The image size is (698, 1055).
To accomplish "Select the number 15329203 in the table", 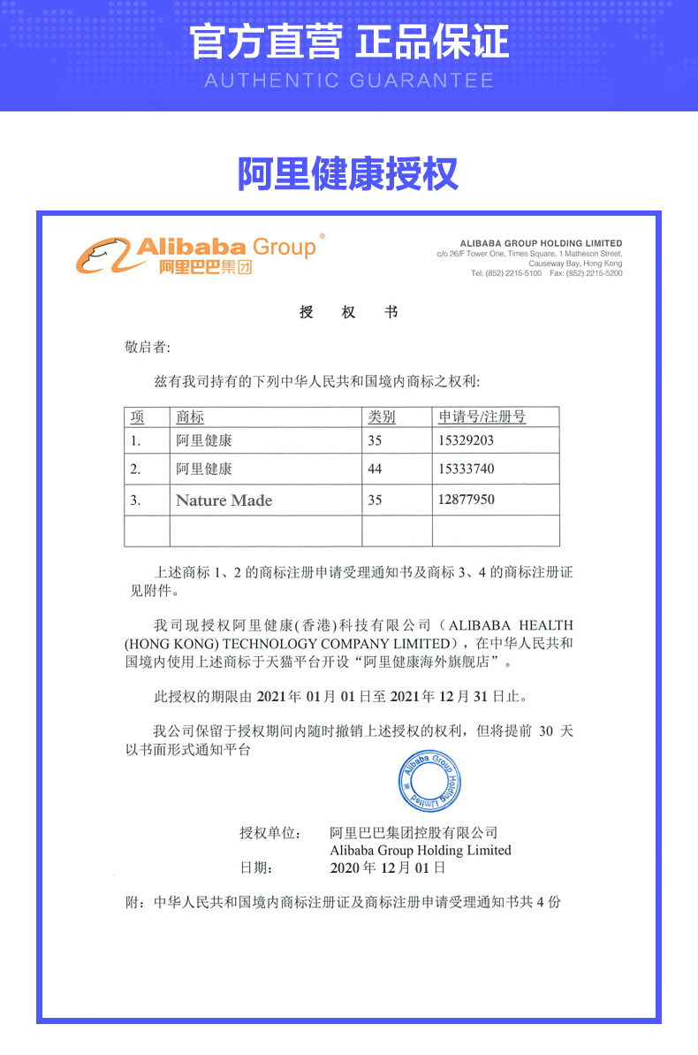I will pos(466,440).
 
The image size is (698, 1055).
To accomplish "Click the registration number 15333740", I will pos(466,469).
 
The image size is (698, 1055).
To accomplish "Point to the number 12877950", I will pos(466,500).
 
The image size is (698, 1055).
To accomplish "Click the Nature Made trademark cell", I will pos(224,501).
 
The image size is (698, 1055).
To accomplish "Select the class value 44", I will pos(375,469).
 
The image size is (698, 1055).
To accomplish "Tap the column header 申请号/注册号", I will pos(482,417).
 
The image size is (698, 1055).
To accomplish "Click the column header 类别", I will pos(382,417).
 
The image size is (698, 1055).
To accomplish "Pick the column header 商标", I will pos(190,417).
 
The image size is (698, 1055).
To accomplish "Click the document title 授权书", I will pos(348,312).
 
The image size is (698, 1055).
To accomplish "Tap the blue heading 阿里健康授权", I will pos(348,174).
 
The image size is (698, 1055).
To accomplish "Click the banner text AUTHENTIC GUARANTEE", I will pos(348,81).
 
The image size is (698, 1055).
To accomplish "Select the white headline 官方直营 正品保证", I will pos(348,42).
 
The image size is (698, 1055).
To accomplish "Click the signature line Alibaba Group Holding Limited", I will pos(420,850).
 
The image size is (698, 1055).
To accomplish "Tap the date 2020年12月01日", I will pos(387,868).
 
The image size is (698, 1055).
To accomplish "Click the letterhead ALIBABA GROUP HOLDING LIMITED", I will pos(541,243).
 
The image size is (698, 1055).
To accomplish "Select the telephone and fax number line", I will pos(546,273).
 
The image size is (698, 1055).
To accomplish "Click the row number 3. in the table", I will pos(135,501).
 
